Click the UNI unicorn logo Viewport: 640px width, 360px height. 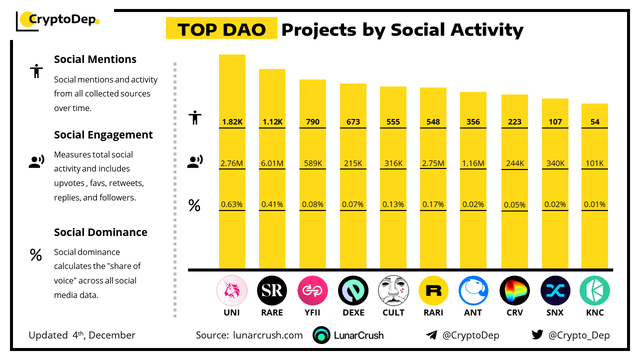click(x=232, y=290)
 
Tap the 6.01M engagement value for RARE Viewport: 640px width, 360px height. click(x=272, y=163)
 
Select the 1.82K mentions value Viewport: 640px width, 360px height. click(x=232, y=121)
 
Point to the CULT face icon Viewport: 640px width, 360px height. click(x=393, y=290)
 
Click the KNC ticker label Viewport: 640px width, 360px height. click(x=594, y=312)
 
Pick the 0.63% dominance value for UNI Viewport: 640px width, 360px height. click(x=232, y=204)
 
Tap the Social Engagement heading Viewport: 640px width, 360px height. click(x=103, y=135)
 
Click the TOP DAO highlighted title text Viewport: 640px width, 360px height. click(x=221, y=30)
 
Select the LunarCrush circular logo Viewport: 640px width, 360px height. click(x=321, y=335)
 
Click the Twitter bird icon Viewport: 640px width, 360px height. click(x=537, y=335)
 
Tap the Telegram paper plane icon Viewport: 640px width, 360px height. click(x=431, y=335)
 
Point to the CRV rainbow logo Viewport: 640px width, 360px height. click(x=514, y=290)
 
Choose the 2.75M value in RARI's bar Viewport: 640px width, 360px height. click(x=433, y=163)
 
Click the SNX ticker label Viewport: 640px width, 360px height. click(x=555, y=312)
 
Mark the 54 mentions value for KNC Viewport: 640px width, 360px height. click(x=594, y=121)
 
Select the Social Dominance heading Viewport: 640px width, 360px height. click(x=100, y=232)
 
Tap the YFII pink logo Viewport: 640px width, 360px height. click(x=312, y=290)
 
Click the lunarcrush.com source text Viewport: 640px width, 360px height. click(x=268, y=335)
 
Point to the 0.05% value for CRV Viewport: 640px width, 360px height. click(x=514, y=204)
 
